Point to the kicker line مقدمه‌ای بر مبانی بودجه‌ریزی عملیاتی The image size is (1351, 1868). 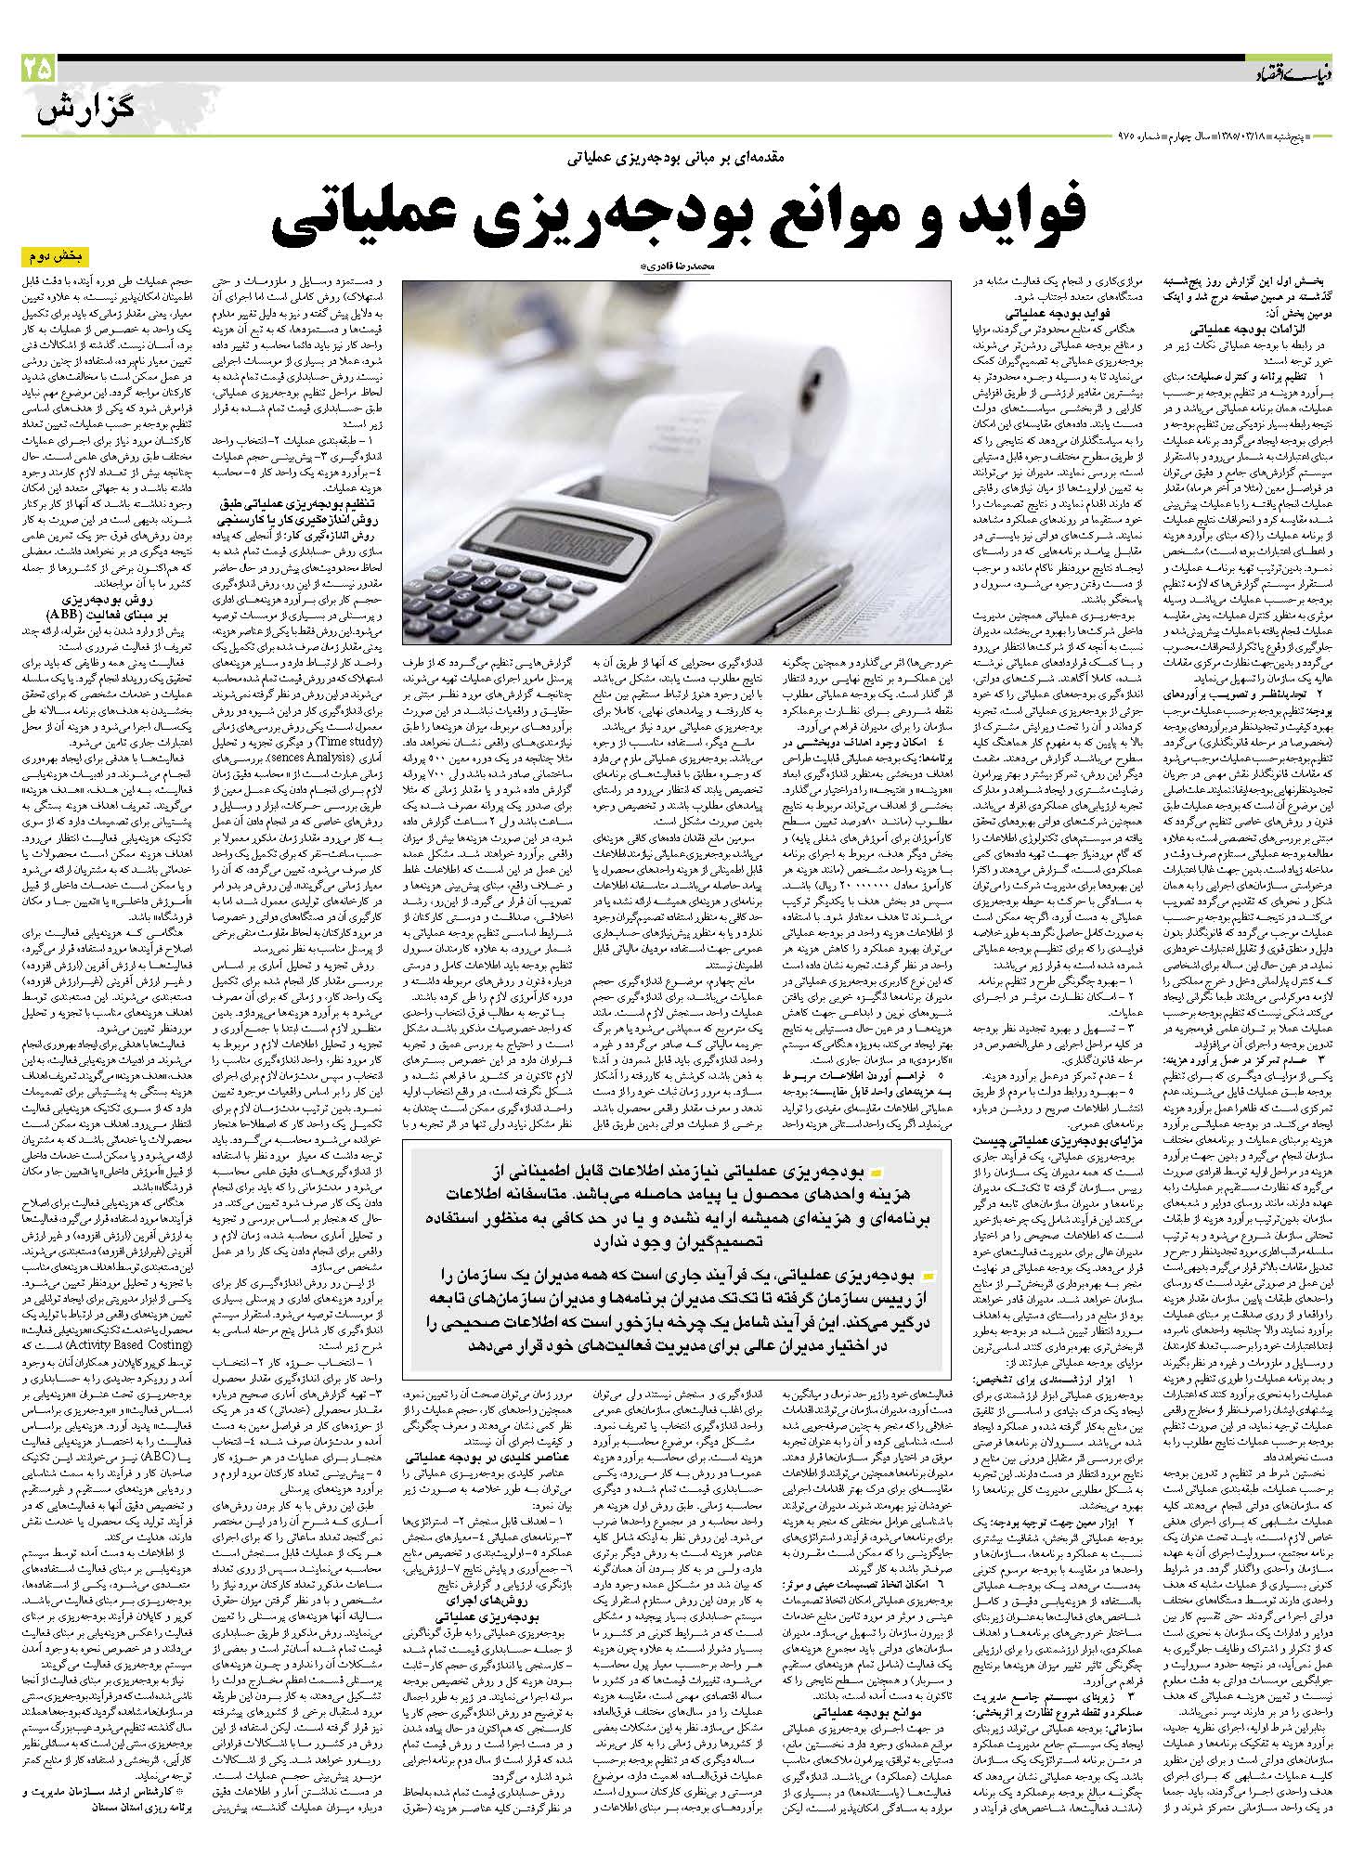tap(678, 159)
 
